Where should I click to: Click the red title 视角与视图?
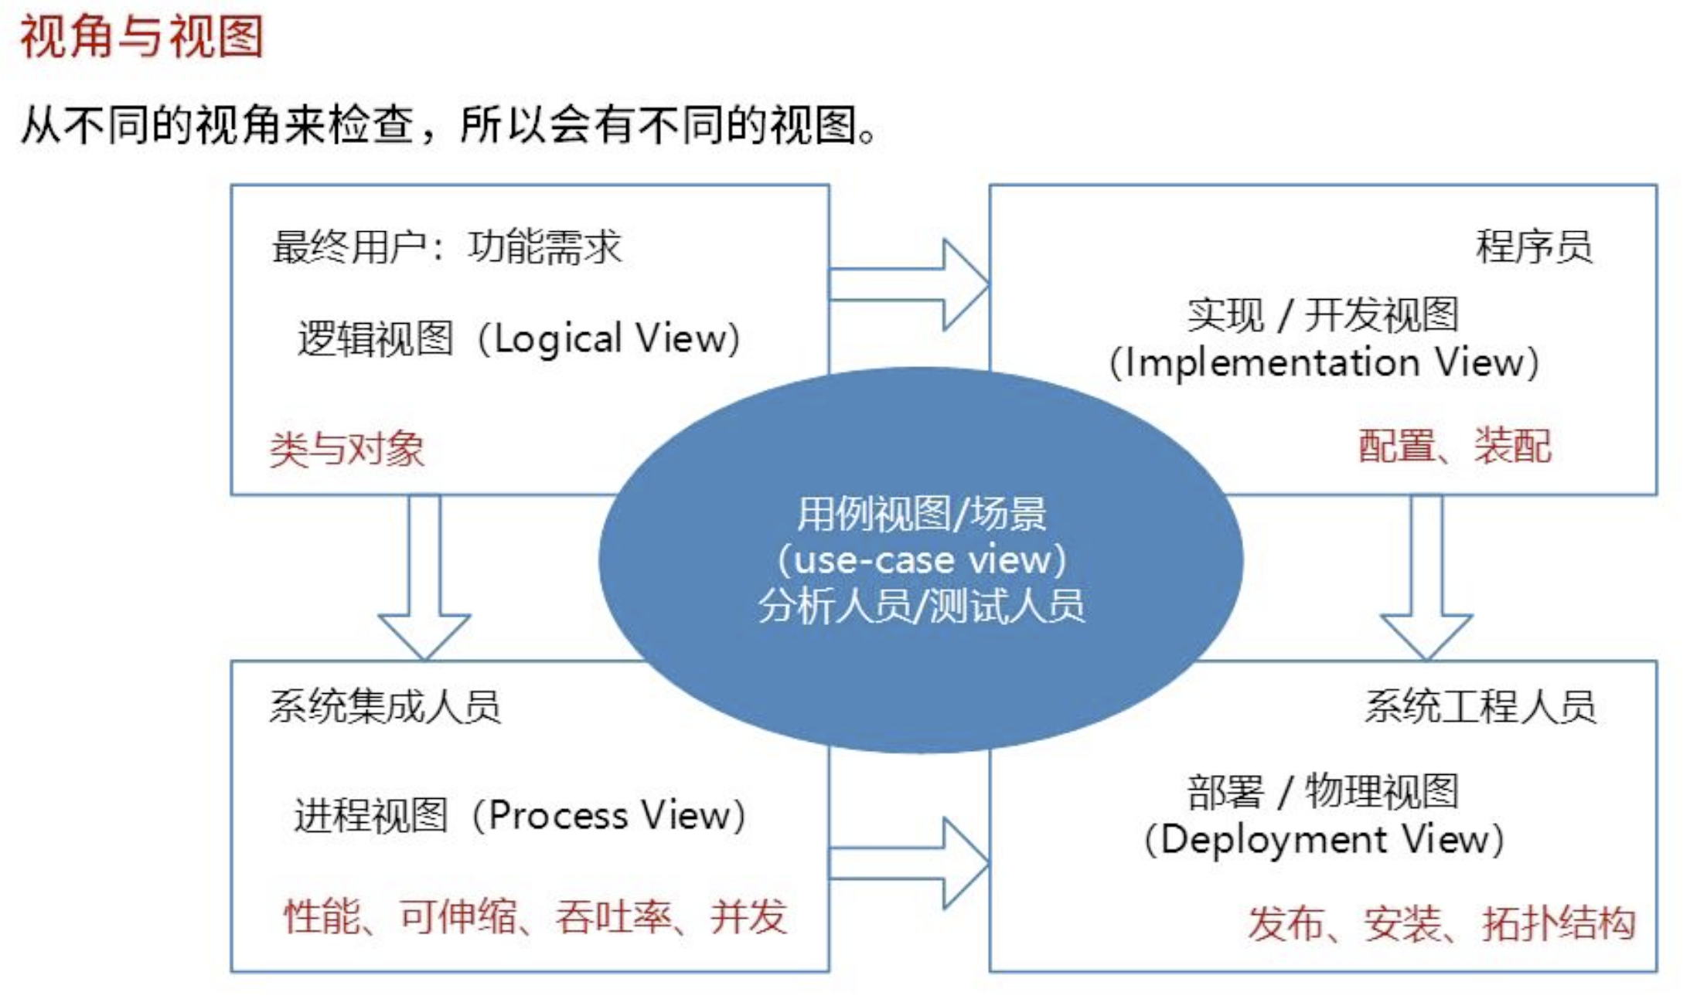coord(141,36)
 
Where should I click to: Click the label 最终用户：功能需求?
coord(447,247)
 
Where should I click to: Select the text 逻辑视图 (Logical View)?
coord(519,339)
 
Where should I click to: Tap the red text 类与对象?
coord(347,449)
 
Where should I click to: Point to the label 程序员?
coord(1534,247)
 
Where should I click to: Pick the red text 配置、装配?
coord(1454,446)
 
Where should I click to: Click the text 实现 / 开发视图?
coord(1323,315)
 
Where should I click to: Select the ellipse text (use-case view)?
coord(922,560)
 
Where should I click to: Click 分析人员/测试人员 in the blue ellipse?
coord(922,606)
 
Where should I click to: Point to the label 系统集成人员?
coord(385,706)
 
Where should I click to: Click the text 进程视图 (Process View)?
coord(520,816)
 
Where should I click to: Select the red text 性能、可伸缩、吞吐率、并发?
coord(535,917)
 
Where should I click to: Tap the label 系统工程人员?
coord(1480,706)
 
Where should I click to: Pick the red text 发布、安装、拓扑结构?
coord(1442,923)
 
